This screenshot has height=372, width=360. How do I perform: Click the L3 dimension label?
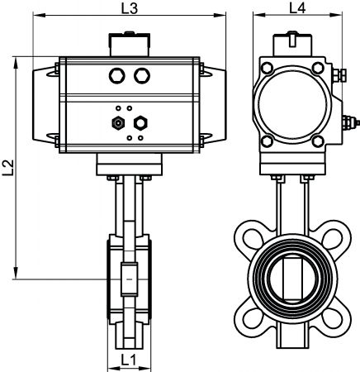[130, 8]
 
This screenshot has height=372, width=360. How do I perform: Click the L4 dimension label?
[297, 8]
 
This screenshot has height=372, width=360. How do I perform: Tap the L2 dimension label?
[8, 168]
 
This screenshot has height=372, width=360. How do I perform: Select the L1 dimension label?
[129, 360]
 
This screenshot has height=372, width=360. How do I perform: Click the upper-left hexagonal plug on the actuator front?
[117, 75]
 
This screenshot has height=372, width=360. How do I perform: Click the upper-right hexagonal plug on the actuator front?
[142, 75]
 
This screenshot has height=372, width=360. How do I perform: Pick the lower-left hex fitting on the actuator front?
[118, 123]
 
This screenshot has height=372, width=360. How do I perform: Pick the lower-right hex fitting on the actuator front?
[140, 123]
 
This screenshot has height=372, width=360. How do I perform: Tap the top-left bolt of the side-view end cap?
[267, 68]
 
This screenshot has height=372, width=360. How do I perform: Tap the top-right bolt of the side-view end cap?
[318, 68]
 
